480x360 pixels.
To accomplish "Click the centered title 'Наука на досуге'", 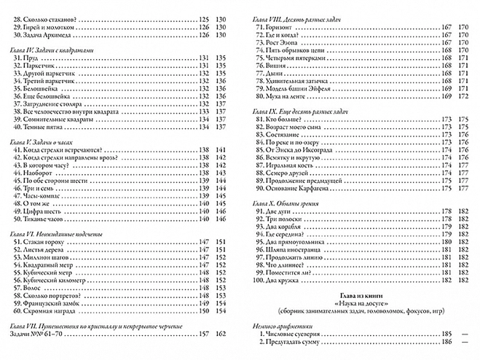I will pos(359,300).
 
